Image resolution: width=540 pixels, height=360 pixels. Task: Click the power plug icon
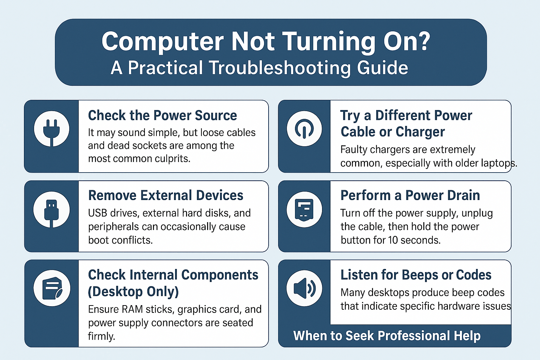point(51,129)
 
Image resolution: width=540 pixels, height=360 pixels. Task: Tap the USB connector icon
point(51,210)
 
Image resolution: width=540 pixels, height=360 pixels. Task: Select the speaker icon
point(304,288)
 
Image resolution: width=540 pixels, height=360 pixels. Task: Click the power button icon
point(304,129)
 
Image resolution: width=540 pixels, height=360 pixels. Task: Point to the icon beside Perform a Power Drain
point(304,210)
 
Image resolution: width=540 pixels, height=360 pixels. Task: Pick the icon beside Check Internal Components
point(52,288)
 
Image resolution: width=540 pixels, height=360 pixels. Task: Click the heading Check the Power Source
point(162,115)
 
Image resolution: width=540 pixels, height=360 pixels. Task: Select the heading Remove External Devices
point(166,195)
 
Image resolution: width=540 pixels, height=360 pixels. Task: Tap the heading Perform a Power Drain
point(410,195)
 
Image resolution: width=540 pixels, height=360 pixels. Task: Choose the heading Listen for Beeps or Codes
point(416,275)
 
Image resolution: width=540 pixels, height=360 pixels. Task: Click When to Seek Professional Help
point(387,336)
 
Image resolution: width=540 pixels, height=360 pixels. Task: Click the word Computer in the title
point(162,41)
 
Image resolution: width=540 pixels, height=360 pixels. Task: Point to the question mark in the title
point(424,41)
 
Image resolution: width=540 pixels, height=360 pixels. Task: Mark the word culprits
point(172,159)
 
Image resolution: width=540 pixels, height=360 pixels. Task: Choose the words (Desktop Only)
point(133,291)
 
